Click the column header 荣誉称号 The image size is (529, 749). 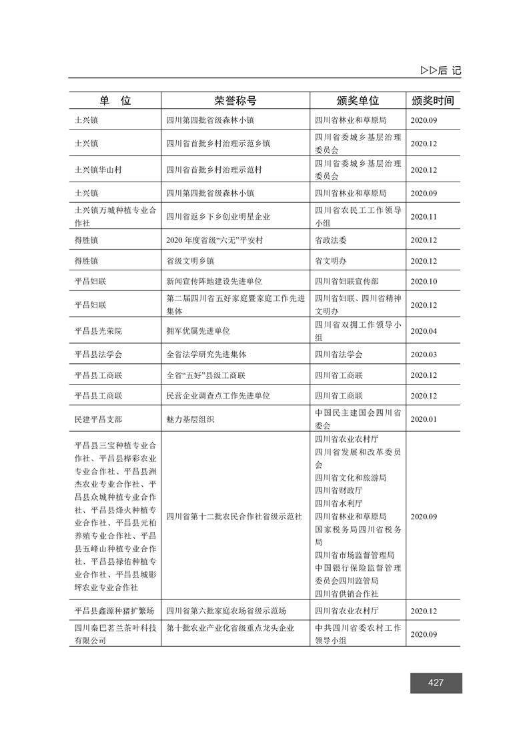[235, 101]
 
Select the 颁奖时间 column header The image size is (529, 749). [433, 101]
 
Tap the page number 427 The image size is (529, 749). [436, 683]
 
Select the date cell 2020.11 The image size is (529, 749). [423, 217]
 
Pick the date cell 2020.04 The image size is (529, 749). [423, 330]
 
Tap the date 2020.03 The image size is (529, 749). [423, 354]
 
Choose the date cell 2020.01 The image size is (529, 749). [423, 419]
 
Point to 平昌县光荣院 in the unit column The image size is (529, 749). [99, 330]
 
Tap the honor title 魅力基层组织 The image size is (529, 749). [191, 419]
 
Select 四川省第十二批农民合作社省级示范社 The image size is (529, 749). [234, 516]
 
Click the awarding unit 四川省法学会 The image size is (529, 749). [339, 354]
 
